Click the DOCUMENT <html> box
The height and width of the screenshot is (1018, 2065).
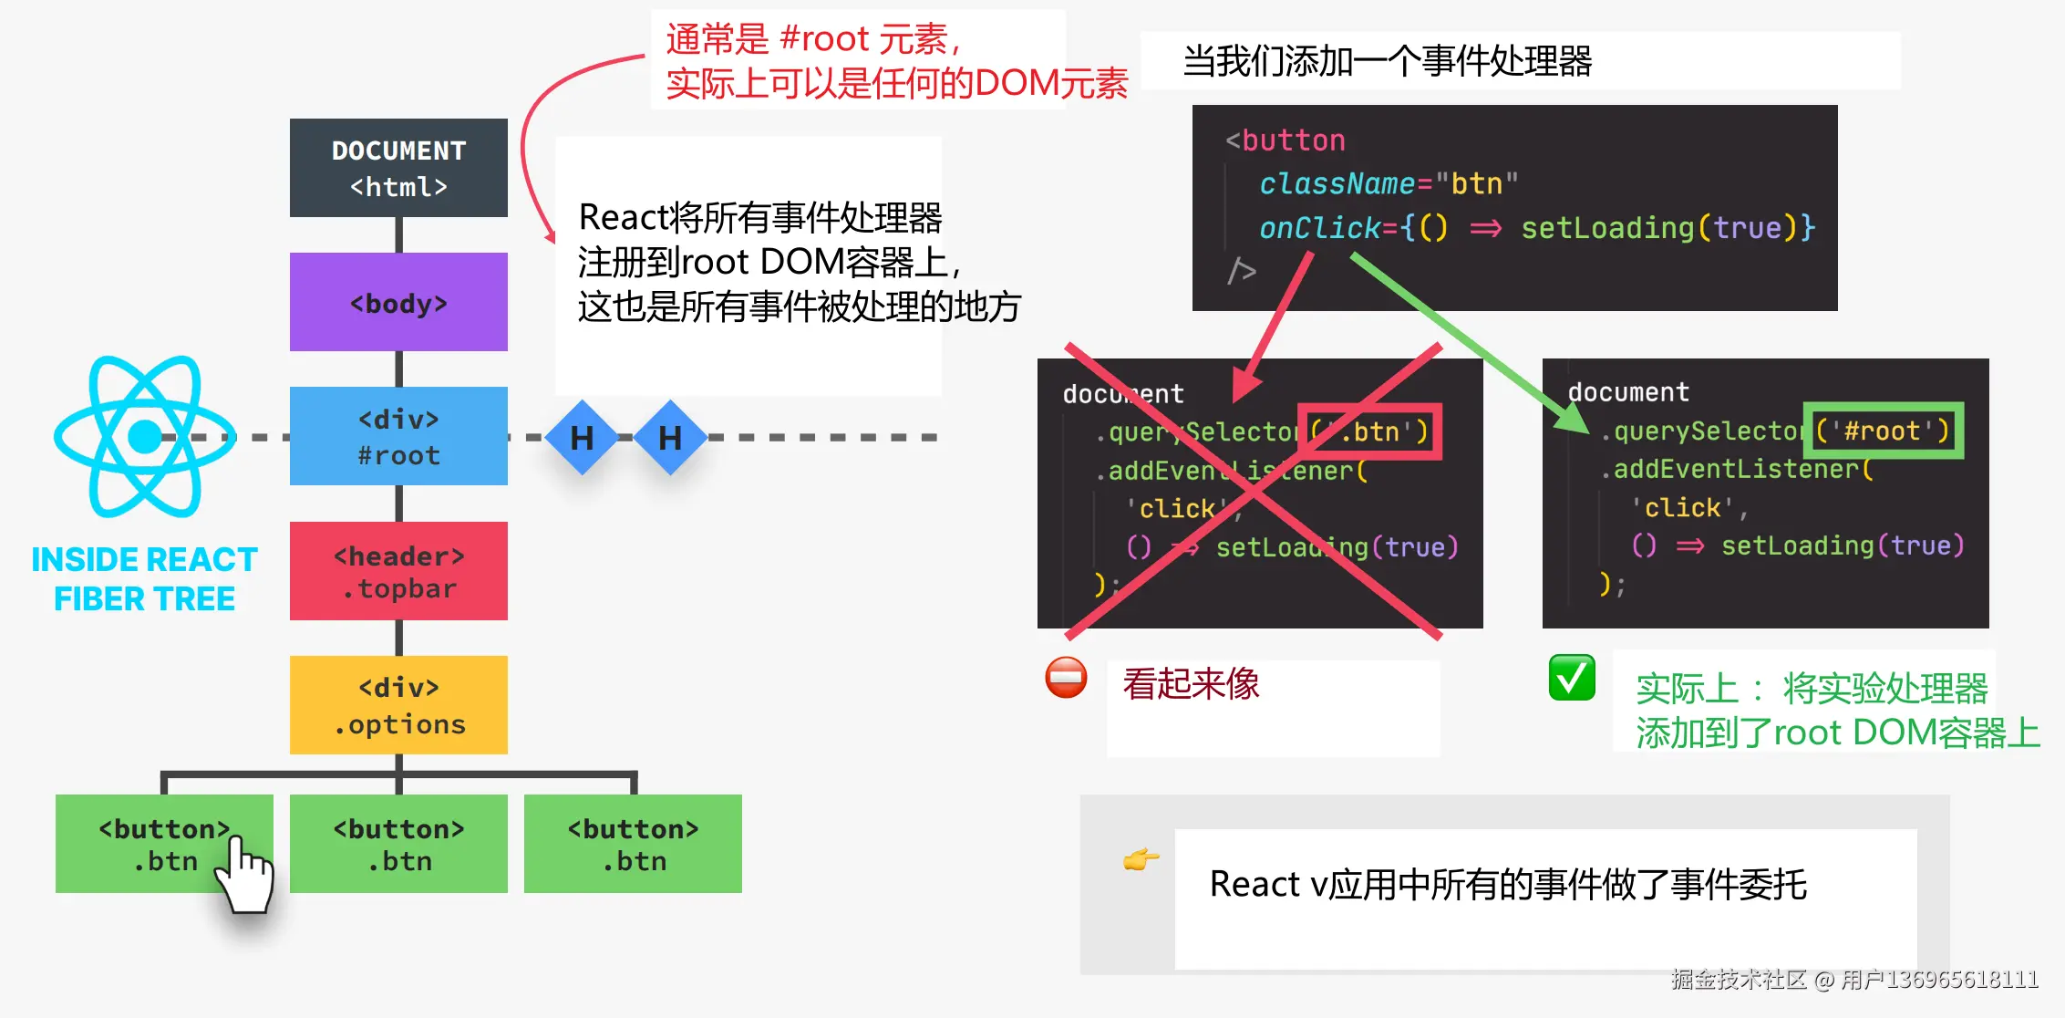398,168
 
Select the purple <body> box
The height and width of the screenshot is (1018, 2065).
398,302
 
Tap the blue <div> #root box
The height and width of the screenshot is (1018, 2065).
398,436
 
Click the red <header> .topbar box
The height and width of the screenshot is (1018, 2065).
398,571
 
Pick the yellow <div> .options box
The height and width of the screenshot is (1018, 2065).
398,705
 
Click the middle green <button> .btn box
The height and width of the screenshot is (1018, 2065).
398,844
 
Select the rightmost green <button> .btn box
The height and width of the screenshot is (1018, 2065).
633,844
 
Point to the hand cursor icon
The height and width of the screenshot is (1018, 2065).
244,876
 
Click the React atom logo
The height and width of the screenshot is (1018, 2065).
144,436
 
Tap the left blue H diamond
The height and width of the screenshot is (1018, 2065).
582,438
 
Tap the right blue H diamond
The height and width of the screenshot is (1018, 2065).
670,438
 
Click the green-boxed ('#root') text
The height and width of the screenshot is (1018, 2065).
1883,431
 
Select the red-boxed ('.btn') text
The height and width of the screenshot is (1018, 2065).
1369,431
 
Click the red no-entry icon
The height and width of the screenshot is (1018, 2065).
1066,678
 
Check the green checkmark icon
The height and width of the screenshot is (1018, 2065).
1572,678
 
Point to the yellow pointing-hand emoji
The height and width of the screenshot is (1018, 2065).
1141,859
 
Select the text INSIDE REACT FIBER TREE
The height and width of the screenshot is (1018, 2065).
144,579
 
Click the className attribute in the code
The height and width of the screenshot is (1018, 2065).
1337,184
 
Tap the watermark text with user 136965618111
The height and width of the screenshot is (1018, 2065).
1854,980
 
